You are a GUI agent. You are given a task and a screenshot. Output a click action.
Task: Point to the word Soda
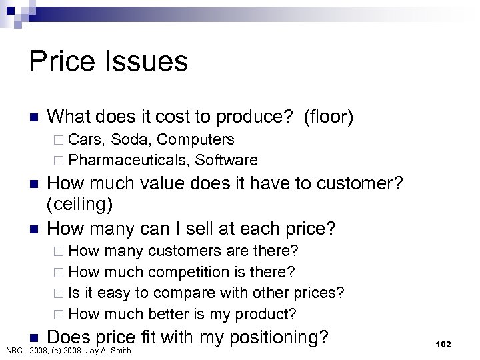coord(131,140)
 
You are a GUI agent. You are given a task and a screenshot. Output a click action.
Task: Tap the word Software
coord(225,160)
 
